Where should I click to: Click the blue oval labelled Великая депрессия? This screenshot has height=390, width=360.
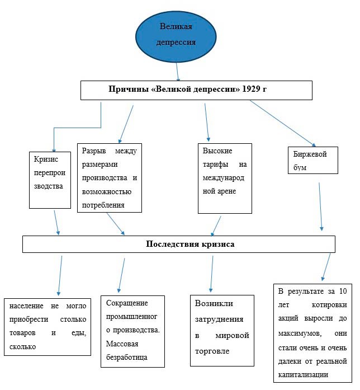[x=176, y=36]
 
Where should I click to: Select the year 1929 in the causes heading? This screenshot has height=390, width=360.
[x=251, y=89]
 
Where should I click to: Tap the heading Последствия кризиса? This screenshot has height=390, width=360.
[x=190, y=244]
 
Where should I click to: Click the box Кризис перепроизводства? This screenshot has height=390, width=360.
[x=50, y=180]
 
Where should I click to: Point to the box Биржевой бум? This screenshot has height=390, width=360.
[x=313, y=160]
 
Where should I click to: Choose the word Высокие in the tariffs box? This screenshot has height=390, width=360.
[x=217, y=151]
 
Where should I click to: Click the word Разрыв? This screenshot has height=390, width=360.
[x=94, y=151]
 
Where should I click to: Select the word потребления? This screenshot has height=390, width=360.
[x=103, y=205]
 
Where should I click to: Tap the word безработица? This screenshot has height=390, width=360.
[x=127, y=358]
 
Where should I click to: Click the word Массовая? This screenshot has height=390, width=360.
[x=122, y=344]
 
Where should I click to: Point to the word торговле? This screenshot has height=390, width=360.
[x=212, y=351]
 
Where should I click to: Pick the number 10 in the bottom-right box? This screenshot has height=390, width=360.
[x=343, y=291]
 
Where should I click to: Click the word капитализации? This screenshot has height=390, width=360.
[x=303, y=374]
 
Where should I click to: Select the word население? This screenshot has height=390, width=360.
[x=26, y=306]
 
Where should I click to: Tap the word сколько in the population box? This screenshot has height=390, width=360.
[x=22, y=346]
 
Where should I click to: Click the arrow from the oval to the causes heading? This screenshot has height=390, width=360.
[x=177, y=72]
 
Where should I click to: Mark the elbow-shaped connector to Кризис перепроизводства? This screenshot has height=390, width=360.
[x=78, y=128]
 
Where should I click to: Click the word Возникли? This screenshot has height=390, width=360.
[x=214, y=303]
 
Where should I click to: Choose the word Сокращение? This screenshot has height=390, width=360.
[x=127, y=303]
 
